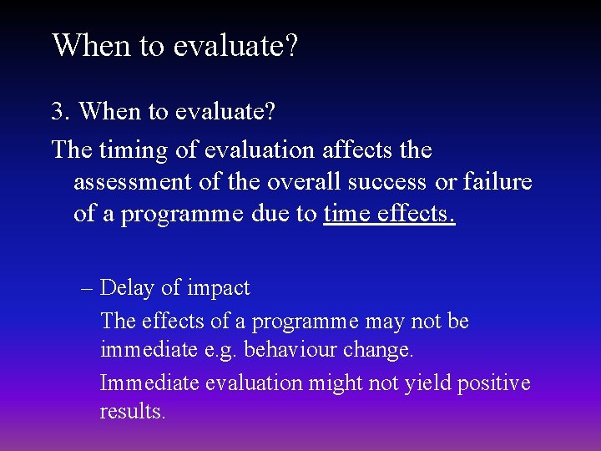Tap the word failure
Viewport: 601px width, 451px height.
(x=497, y=182)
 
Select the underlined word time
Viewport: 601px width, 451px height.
(x=346, y=214)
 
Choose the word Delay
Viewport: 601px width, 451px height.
(x=127, y=288)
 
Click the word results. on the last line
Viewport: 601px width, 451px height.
(x=133, y=412)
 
